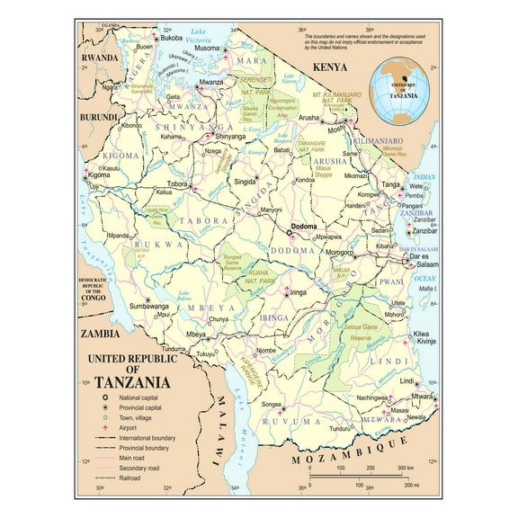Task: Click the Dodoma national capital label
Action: [304, 226]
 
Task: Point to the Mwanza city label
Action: [211, 82]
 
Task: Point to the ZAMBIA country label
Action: [100, 332]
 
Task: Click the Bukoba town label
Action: [172, 39]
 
